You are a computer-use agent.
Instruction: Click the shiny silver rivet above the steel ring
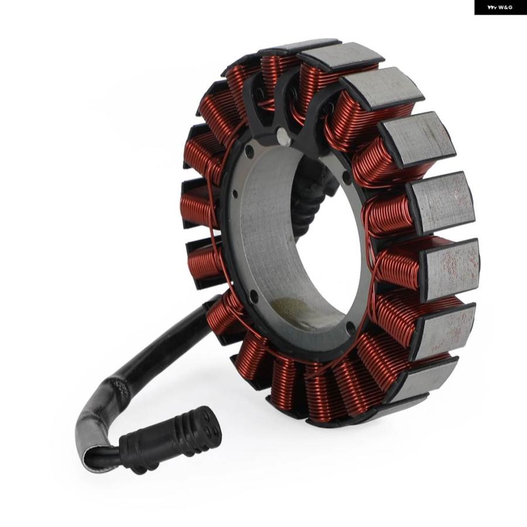[x=284, y=136]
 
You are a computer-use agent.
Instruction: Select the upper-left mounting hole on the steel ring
[x=249, y=151]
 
